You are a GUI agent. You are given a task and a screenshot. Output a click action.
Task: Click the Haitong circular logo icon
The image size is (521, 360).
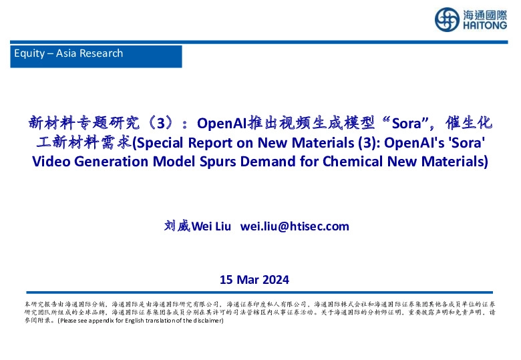446,19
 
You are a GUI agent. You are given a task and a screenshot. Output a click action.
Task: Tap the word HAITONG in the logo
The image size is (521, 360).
483,27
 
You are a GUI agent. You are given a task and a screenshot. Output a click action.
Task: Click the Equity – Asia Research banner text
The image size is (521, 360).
68,53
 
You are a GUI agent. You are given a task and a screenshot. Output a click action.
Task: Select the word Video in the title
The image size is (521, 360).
50,162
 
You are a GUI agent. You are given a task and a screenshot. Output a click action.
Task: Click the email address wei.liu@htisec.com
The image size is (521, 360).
295,226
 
